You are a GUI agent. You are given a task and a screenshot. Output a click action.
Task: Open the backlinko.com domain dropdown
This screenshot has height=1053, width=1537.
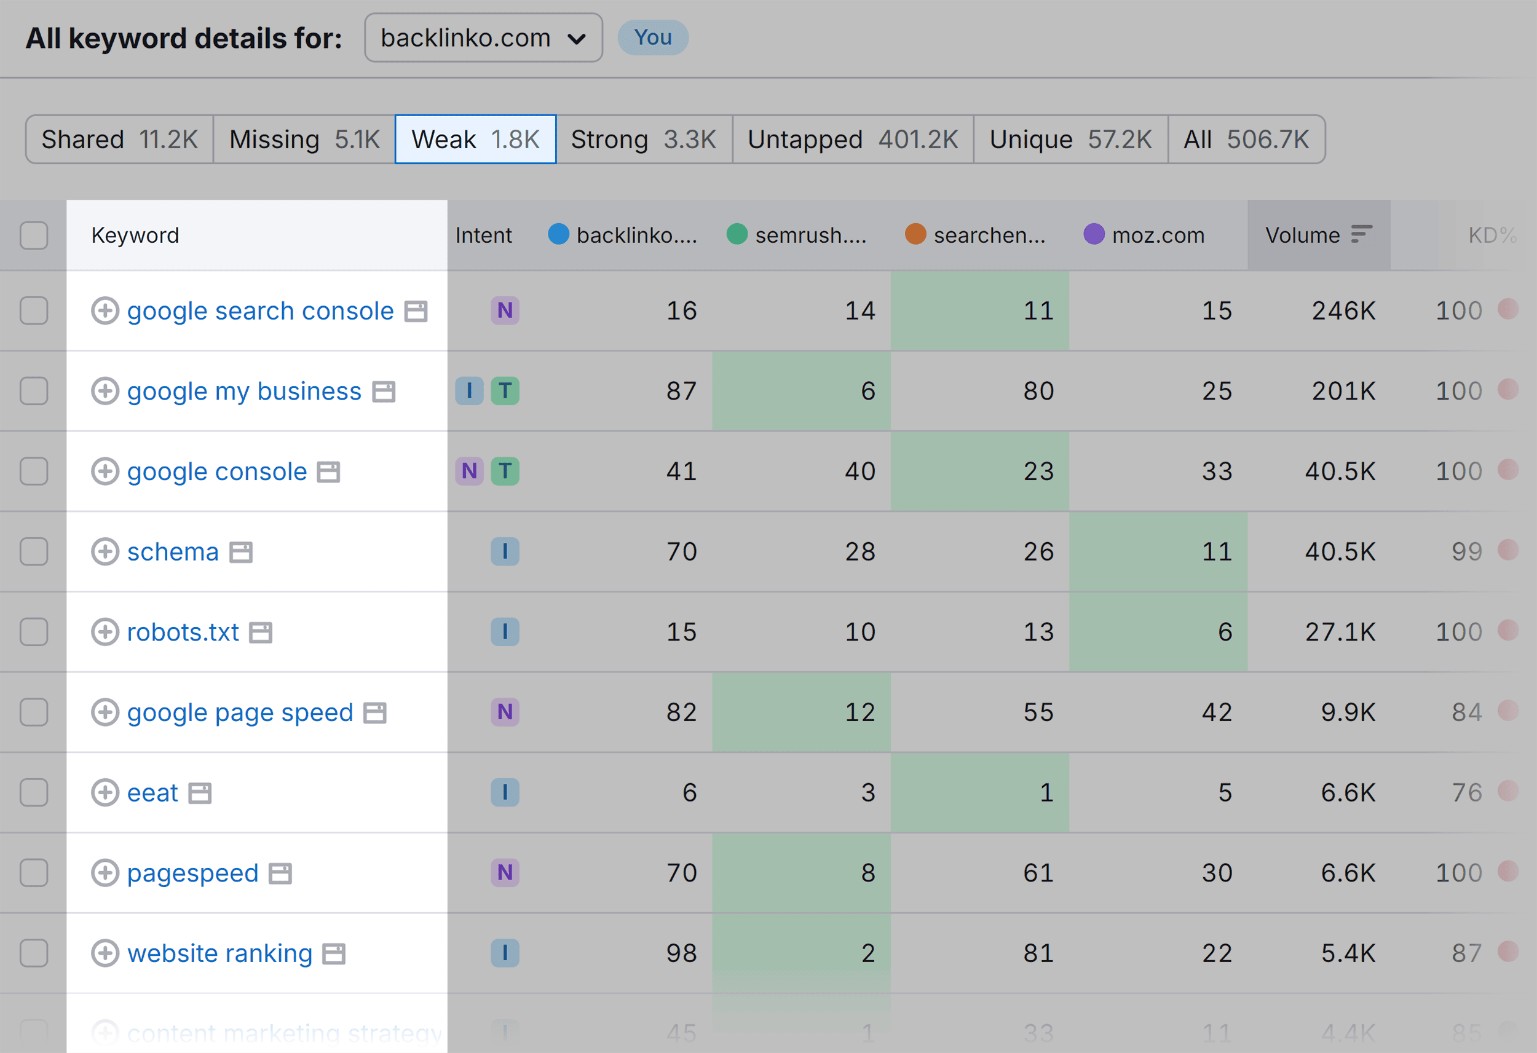tap(483, 37)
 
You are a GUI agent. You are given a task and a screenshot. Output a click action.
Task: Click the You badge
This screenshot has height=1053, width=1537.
tap(652, 37)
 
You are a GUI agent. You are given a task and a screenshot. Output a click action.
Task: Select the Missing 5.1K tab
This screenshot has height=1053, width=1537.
tap(304, 140)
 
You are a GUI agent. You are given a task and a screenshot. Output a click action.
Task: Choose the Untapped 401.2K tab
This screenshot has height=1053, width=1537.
tap(852, 140)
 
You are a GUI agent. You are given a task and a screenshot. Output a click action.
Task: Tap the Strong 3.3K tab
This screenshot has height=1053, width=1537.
tap(643, 140)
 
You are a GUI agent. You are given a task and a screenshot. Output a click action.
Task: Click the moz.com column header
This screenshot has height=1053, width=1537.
tap(1158, 235)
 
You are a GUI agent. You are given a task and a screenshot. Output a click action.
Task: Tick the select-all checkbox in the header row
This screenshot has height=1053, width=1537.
tap(34, 235)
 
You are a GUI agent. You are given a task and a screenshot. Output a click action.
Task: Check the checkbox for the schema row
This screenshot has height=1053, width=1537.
tap(34, 551)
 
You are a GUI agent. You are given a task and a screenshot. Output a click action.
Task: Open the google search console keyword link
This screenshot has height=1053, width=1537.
tap(260, 311)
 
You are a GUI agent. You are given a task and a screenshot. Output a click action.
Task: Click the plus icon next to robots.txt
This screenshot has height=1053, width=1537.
tap(105, 632)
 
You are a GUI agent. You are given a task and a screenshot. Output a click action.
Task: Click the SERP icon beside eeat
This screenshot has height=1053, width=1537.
tap(200, 793)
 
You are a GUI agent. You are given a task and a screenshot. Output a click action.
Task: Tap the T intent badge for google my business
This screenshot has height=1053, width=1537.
tap(505, 391)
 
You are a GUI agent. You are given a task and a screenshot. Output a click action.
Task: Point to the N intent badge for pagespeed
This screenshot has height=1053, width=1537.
tap(505, 872)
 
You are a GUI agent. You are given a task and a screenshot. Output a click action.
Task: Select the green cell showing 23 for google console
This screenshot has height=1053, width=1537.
tap(979, 471)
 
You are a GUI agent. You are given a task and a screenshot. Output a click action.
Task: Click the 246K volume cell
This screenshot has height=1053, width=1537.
tap(1343, 311)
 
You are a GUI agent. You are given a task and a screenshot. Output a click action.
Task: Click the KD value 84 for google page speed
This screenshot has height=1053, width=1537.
tap(1466, 712)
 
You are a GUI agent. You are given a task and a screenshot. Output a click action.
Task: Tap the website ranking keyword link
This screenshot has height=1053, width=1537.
tap(219, 953)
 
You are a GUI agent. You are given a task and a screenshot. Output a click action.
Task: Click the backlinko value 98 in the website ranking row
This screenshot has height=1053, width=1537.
tap(681, 953)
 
